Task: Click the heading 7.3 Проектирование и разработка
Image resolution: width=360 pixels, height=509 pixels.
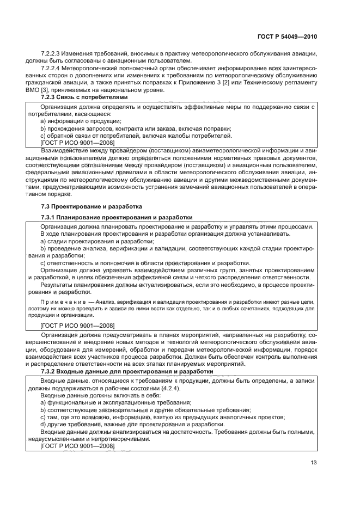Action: [x=84, y=206]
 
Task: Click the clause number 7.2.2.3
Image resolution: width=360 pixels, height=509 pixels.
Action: [x=50, y=53]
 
